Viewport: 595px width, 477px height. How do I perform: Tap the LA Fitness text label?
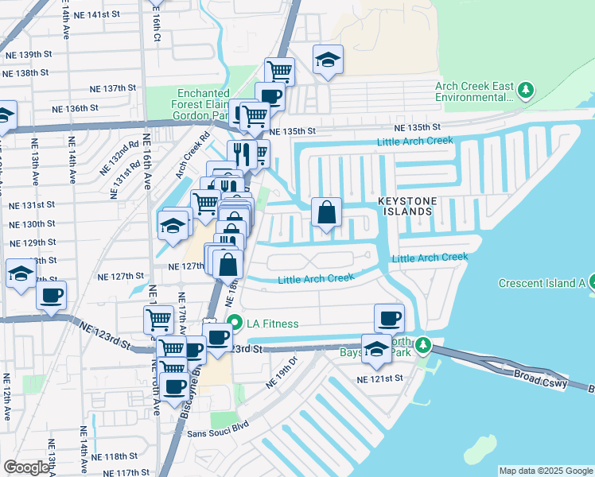pos(272,324)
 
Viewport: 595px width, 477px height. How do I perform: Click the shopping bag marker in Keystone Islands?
pos(326,213)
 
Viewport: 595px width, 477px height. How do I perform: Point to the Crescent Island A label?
pos(541,283)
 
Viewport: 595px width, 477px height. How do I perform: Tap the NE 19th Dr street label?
pos(281,372)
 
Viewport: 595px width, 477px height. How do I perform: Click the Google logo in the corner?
pos(26,467)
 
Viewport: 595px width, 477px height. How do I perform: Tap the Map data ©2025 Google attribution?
pos(546,471)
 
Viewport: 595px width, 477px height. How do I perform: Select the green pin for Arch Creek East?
pos(524,91)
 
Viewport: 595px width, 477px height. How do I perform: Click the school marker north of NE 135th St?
pos(328,60)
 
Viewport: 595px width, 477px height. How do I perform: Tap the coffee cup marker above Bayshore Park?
pos(389,318)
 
